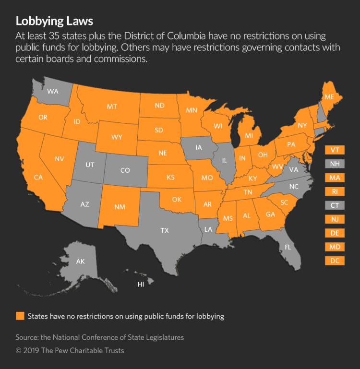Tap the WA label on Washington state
pyautogui.click(x=53, y=91)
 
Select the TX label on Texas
pyautogui.click(x=164, y=230)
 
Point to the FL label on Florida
pyautogui.click(x=288, y=248)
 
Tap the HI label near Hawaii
pyautogui.click(x=141, y=285)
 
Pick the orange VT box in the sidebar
pyautogui.click(x=335, y=150)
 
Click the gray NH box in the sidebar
pyautogui.click(x=335, y=164)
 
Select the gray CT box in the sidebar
pyautogui.click(x=335, y=205)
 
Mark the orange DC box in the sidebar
pyautogui.click(x=335, y=261)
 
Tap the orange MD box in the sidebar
pyautogui.click(x=335, y=247)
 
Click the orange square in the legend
pyautogui.click(x=20, y=316)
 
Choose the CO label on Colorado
pyautogui.click(x=125, y=170)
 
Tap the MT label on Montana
pyautogui.click(x=112, y=106)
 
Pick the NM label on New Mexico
pyautogui.click(x=120, y=207)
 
